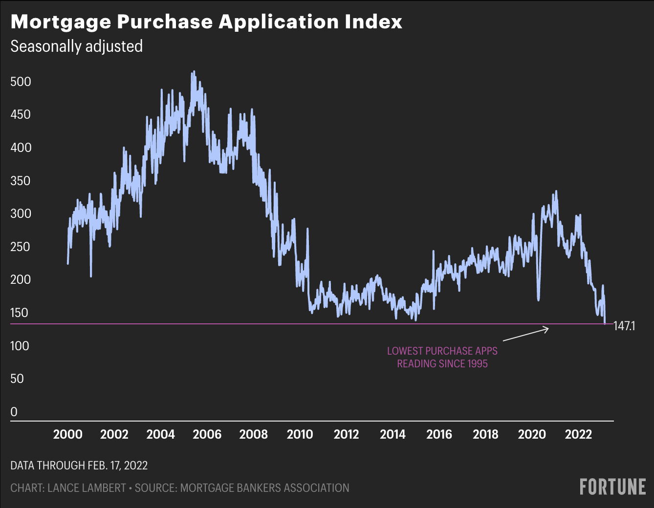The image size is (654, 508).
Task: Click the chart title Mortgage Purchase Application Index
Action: point(206,22)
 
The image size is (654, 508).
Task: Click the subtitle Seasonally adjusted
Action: point(76,46)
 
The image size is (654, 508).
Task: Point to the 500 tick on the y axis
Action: point(21,82)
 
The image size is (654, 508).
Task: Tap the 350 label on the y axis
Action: point(21,181)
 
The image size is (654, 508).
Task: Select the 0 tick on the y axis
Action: point(14,412)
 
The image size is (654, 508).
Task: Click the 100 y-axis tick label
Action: point(21,346)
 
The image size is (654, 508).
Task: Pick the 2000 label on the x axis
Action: point(67,434)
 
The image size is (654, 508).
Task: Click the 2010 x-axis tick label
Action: point(300,434)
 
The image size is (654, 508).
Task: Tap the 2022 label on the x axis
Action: point(578,434)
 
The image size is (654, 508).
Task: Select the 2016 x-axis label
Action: point(439,434)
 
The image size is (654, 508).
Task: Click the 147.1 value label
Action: point(624,326)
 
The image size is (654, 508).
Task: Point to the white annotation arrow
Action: point(526,334)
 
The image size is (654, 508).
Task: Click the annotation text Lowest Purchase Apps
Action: point(442,351)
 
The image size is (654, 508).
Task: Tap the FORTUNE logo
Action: point(612,487)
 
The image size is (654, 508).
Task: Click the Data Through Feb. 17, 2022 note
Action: point(79,465)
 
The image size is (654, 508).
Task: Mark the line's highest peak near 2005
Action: point(194,72)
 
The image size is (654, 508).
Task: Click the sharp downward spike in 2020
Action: point(538,299)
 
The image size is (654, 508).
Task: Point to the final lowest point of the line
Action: point(605,322)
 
